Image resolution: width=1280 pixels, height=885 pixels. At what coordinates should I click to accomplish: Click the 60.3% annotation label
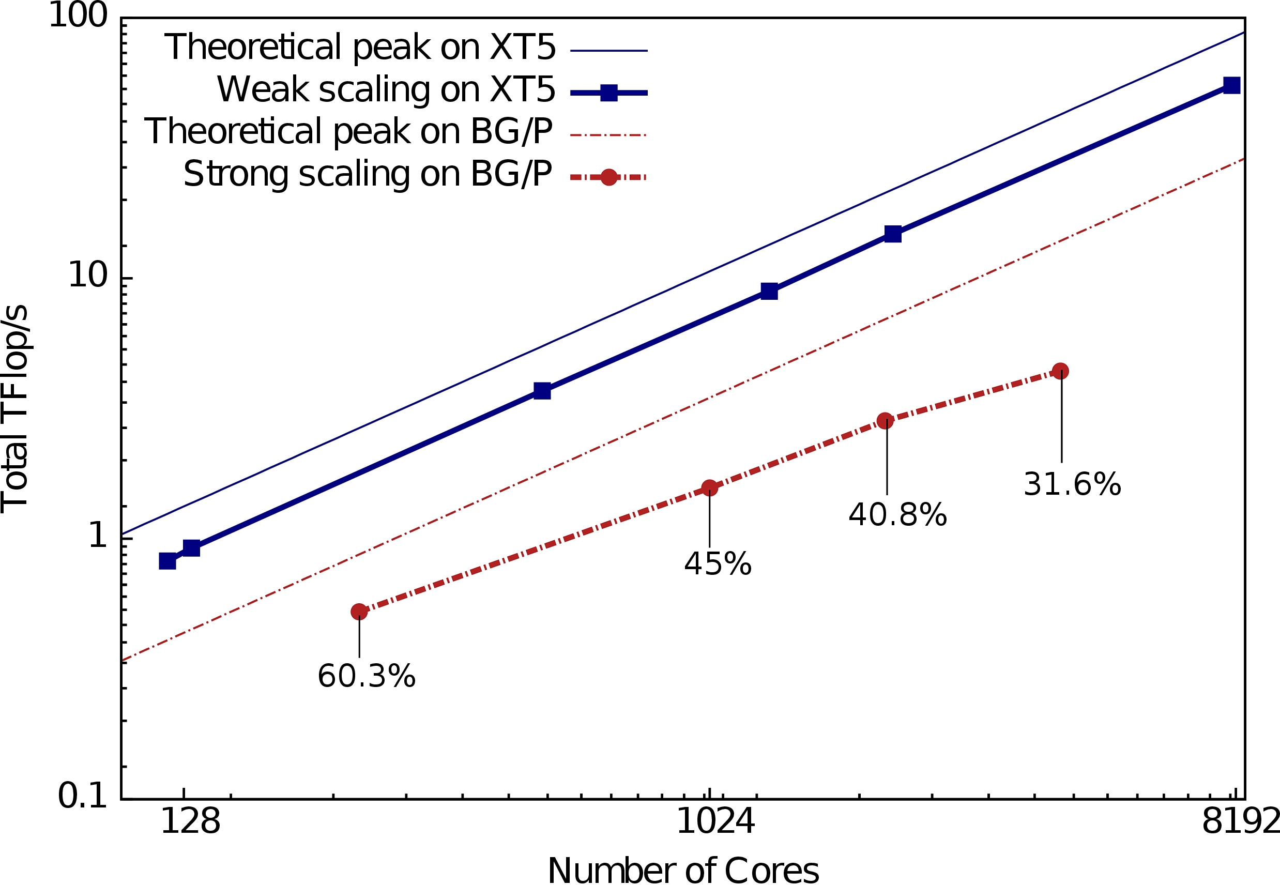[366, 676]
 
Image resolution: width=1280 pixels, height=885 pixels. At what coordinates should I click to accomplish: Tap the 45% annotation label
[718, 564]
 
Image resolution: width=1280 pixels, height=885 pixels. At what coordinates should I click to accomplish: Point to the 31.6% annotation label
[1072, 483]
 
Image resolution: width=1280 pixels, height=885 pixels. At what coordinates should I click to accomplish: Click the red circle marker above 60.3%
[359, 612]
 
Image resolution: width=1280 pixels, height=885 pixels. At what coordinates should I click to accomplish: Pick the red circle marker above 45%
[709, 488]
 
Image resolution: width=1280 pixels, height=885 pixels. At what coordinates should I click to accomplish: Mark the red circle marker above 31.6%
[1060, 371]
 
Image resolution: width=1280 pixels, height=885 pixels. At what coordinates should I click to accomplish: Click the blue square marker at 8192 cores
[1232, 85]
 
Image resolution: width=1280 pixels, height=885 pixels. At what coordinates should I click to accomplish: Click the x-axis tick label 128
[190, 821]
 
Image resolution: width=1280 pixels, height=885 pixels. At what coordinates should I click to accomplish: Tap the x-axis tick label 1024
[715, 821]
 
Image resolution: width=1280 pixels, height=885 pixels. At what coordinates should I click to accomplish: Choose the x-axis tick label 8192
[1240, 821]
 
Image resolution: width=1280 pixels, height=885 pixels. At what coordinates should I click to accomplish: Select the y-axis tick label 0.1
[82, 796]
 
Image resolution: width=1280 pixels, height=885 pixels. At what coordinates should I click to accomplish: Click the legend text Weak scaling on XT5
[386, 89]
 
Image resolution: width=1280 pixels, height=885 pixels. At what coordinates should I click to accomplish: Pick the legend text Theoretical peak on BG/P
[348, 131]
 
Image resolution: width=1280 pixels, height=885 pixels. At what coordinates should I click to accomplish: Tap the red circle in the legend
[609, 177]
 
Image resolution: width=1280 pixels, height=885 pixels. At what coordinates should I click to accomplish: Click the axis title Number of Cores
[683, 870]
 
